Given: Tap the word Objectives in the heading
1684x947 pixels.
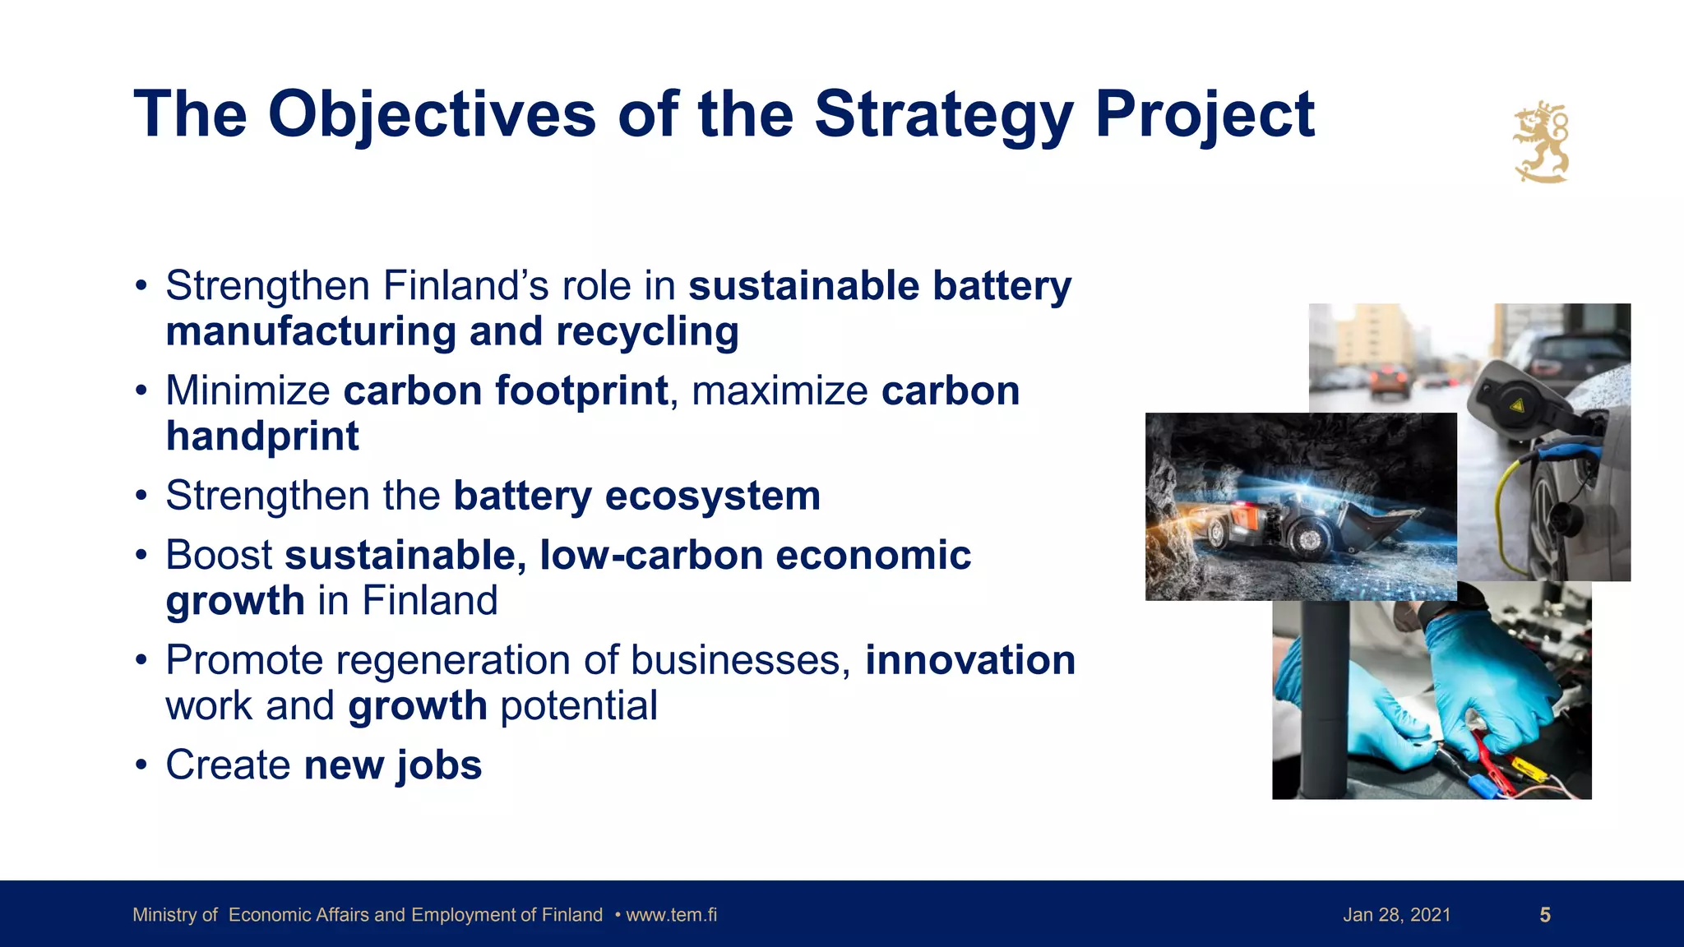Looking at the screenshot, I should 432,116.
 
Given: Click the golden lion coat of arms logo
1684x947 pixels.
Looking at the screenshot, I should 1541,142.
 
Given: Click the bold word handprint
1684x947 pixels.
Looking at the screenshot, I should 262,437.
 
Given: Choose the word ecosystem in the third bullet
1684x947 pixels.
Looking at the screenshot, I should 712,497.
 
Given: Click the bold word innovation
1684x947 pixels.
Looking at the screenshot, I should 969,661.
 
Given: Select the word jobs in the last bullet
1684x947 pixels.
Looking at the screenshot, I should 439,766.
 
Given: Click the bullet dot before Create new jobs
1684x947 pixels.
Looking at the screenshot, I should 141,766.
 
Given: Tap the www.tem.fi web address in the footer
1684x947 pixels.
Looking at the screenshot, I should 671,915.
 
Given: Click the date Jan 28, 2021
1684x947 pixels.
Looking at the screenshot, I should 1396,915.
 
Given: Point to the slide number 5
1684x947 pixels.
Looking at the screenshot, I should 1544,915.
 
